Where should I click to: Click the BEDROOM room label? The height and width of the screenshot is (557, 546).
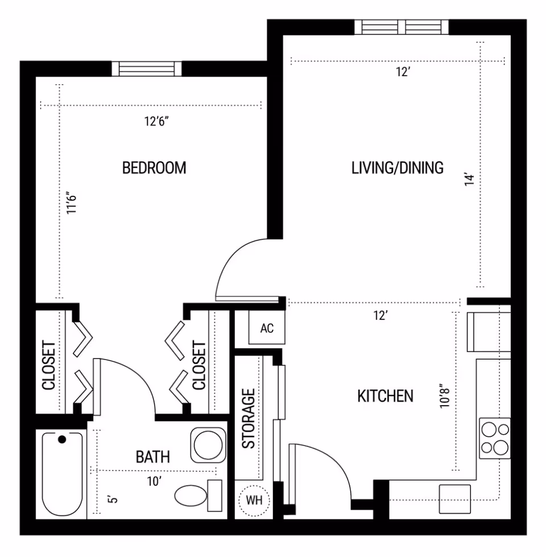pyautogui.click(x=154, y=168)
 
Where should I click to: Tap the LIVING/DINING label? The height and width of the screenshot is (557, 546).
pyautogui.click(x=397, y=168)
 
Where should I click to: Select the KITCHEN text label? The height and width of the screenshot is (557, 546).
pyautogui.click(x=385, y=396)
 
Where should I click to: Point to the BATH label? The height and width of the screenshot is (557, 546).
pyautogui.click(x=153, y=456)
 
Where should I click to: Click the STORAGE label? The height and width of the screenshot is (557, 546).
pyautogui.click(x=249, y=419)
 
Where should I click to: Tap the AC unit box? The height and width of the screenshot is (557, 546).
pyautogui.click(x=267, y=329)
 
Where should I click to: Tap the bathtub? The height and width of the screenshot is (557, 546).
pyautogui.click(x=61, y=475)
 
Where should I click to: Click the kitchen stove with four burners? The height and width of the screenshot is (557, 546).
pyautogui.click(x=494, y=438)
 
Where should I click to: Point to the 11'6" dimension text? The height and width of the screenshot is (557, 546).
pyautogui.click(x=71, y=203)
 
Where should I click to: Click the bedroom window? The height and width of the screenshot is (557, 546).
pyautogui.click(x=147, y=68)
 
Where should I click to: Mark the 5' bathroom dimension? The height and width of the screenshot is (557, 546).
pyautogui.click(x=113, y=500)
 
